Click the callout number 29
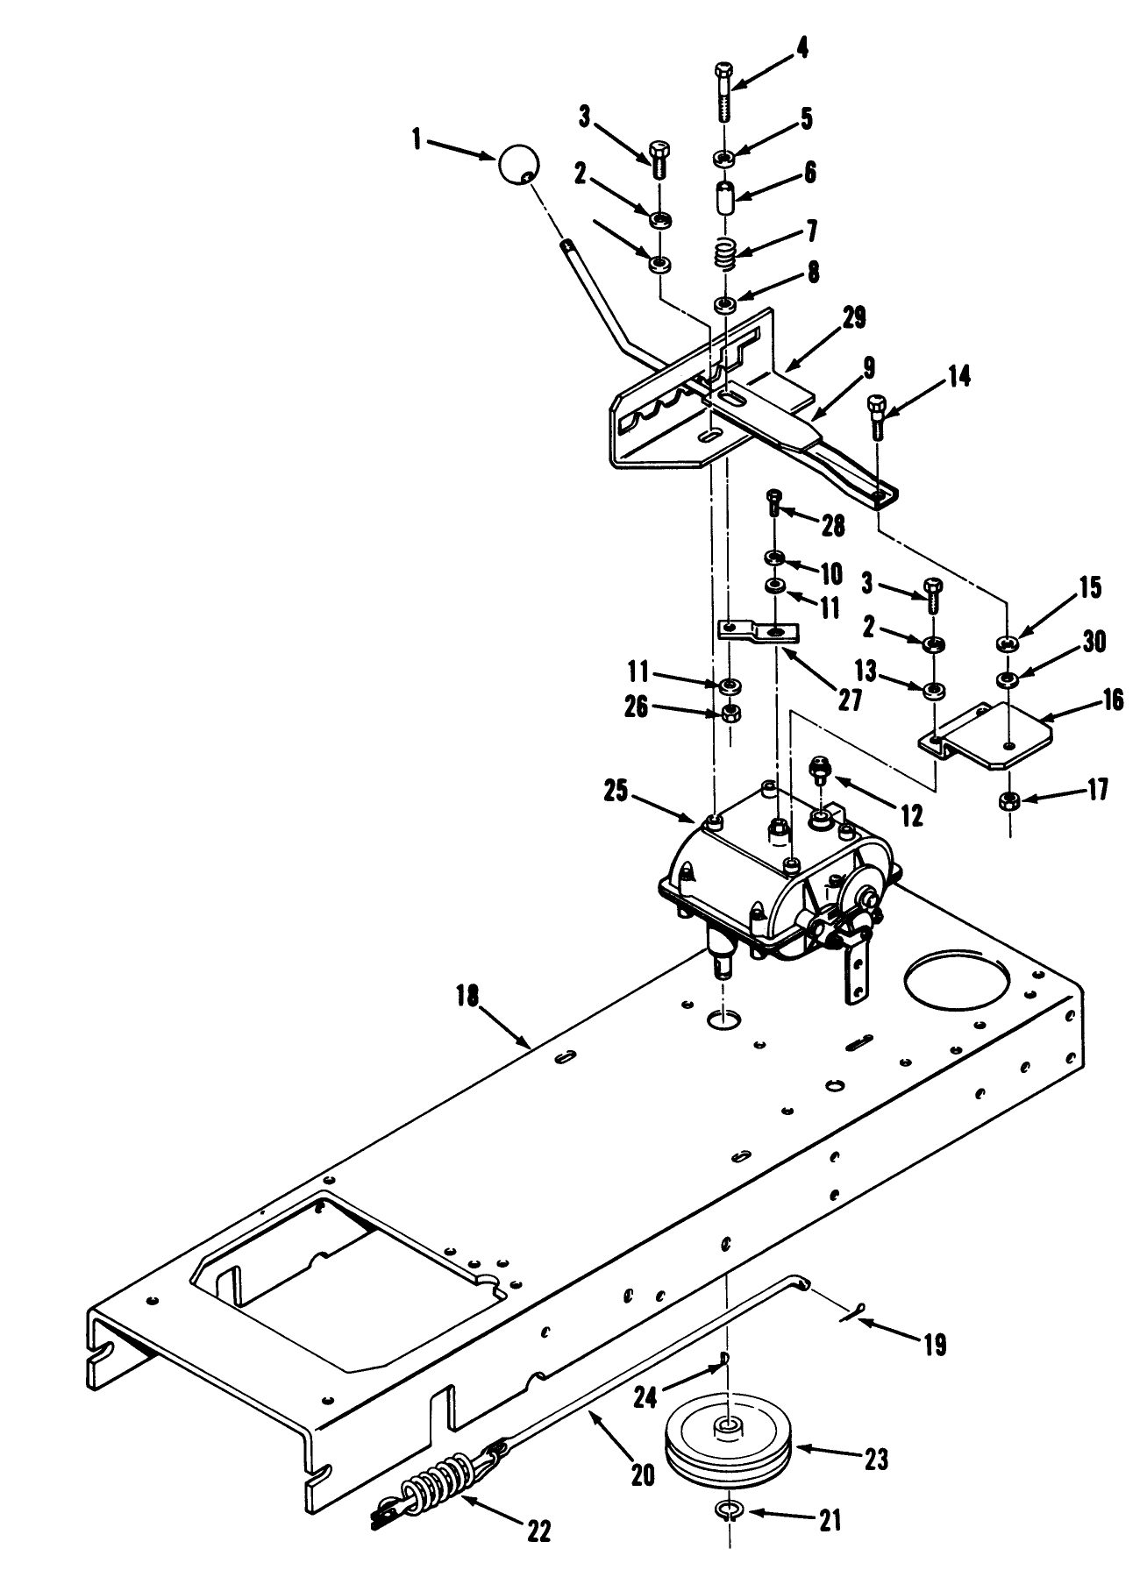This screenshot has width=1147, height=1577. pos(853,318)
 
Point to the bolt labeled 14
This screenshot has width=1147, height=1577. pos(877,417)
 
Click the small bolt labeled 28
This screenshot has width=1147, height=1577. pos(775,501)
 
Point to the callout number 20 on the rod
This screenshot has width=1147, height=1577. pos(643,1475)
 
